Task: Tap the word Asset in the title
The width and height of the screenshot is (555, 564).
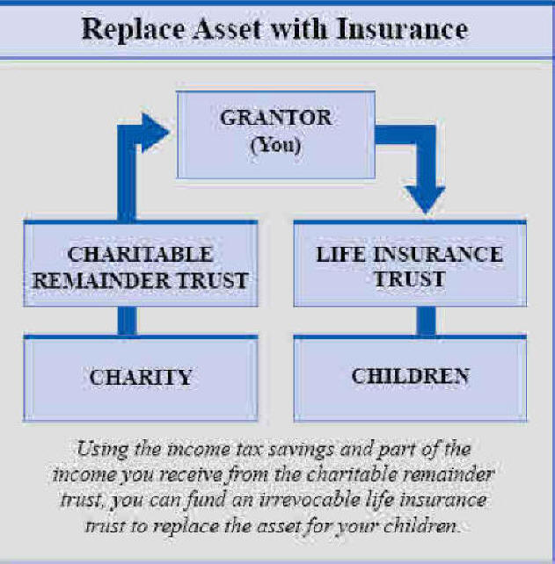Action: pos(227,28)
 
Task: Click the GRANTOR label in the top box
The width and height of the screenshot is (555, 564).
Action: pos(276,118)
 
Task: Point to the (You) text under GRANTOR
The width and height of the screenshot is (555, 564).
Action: pos(275,145)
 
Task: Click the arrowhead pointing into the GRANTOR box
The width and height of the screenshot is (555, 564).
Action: pos(155,133)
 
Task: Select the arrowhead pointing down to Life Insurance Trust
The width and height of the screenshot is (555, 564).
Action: pos(426,200)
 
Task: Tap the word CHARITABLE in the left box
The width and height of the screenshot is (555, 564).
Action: pos(140,254)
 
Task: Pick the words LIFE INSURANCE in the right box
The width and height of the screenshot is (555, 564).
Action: pos(410,254)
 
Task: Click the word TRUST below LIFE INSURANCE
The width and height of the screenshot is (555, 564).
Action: pos(410,279)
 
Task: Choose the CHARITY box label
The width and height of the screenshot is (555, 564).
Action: pos(141,378)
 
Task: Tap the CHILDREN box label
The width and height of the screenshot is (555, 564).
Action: pos(411,376)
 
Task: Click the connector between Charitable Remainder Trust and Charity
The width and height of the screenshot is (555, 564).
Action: pos(128,321)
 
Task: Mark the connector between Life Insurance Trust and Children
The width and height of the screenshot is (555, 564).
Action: pos(426,321)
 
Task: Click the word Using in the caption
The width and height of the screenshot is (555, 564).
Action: pos(103,450)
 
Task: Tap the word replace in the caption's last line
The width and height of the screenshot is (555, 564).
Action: pos(186,527)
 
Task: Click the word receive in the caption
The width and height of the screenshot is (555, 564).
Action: pos(191,475)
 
